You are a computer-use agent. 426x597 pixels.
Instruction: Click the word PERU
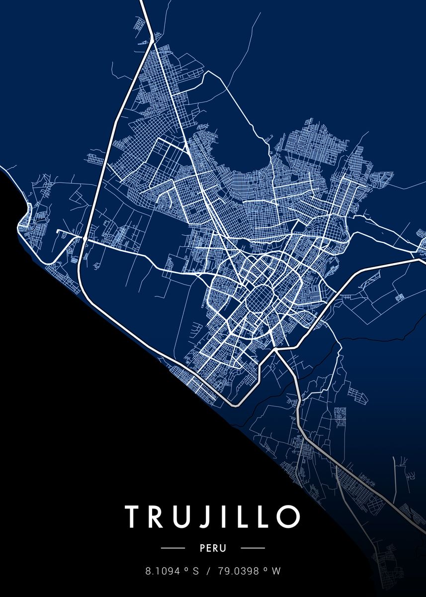(x=213, y=548)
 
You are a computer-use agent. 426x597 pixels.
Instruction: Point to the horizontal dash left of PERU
(x=173, y=548)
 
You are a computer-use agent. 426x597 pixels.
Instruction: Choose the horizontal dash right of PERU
(x=253, y=548)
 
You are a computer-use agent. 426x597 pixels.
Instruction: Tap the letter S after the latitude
(x=195, y=572)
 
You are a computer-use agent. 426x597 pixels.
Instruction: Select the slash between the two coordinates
(x=208, y=572)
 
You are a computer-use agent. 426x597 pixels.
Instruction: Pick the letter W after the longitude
(x=276, y=572)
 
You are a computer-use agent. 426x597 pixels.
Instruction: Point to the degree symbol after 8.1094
(x=185, y=569)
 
